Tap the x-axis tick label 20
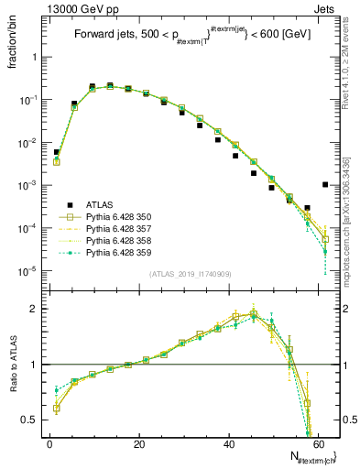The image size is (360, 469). [x=138, y=443]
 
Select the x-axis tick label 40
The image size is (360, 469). [x=228, y=443]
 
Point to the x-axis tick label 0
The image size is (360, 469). [x=49, y=443]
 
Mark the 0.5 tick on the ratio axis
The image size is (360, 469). [x=34, y=420]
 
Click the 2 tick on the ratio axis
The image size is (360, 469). [x=37, y=309]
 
